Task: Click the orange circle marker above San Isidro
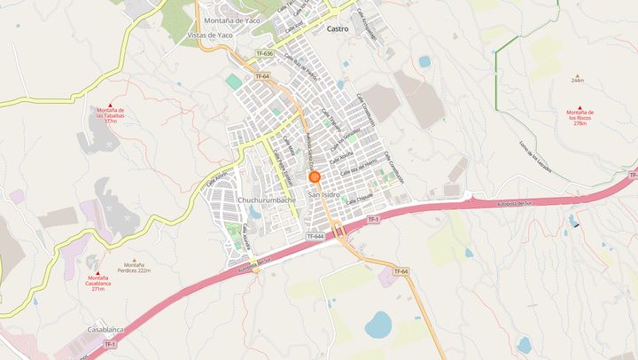coord(315,176)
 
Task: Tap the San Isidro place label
coord(325,192)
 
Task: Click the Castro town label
coord(338,29)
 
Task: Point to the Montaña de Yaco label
coord(232,19)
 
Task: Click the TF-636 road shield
coord(265,54)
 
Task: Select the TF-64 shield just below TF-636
coord(261,76)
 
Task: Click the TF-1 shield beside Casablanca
coord(110,344)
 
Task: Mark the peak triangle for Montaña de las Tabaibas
coord(110,106)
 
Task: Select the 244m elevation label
coord(578,81)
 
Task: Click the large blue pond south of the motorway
coord(379,325)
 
